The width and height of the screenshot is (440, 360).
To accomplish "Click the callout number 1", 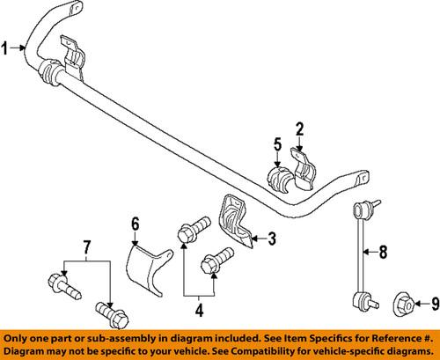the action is [4, 48].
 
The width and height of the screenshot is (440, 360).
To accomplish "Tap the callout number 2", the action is [299, 129].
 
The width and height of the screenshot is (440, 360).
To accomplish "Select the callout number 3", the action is [272, 239].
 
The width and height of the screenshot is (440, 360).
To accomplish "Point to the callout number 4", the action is [199, 310].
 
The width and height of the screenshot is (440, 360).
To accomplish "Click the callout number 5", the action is [277, 144].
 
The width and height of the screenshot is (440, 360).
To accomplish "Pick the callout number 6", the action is [135, 224].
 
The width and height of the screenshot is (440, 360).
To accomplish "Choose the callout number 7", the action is [87, 247].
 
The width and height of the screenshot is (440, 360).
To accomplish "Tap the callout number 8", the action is [383, 252].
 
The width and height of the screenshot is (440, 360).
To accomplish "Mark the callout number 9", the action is [435, 304].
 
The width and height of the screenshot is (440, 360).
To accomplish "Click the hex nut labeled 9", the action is [404, 305].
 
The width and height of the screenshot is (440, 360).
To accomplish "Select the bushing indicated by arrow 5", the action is [277, 179].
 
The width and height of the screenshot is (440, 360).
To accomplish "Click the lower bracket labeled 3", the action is [235, 222].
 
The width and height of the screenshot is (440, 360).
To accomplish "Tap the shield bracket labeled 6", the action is [147, 268].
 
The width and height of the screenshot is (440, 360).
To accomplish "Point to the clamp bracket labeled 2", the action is [302, 169].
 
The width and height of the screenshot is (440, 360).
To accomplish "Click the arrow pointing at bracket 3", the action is [260, 239].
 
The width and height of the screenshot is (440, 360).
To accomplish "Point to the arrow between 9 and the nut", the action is [422, 304].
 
